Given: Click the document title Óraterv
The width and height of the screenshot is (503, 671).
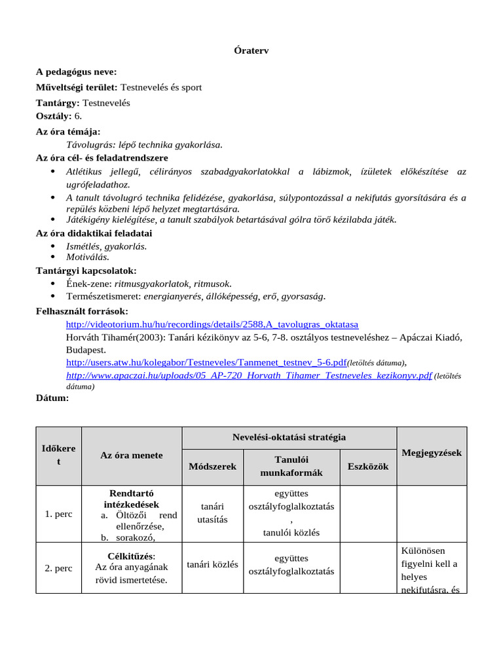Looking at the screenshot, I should click(x=251, y=50).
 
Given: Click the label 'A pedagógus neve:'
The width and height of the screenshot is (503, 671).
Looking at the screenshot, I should click(x=77, y=72).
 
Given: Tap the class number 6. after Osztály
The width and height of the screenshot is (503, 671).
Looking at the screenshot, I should click(x=78, y=115).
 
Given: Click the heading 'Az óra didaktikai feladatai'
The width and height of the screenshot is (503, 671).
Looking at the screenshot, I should click(x=94, y=233).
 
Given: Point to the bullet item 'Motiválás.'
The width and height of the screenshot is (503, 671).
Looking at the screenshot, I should click(x=88, y=257).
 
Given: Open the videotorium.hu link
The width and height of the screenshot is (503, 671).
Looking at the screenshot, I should click(x=212, y=324).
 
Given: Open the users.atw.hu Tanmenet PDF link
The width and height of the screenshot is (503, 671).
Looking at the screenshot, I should click(x=206, y=362).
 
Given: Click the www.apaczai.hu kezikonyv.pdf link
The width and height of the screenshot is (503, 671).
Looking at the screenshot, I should click(x=249, y=375).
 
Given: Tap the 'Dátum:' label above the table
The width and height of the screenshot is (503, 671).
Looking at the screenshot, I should click(x=52, y=398).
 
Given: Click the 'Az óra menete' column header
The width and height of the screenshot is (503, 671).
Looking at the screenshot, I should click(x=132, y=455).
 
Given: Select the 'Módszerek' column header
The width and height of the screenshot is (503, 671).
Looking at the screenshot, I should click(x=212, y=466).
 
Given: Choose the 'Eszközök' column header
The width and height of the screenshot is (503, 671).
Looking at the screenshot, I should click(x=367, y=466).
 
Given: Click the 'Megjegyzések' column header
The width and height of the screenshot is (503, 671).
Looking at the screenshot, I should click(x=432, y=453).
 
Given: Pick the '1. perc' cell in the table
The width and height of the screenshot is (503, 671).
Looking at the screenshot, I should click(x=59, y=514).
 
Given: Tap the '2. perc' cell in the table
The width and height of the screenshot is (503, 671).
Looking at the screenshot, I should click(x=59, y=568).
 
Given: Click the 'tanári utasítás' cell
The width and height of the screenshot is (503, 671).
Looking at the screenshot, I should click(x=212, y=513).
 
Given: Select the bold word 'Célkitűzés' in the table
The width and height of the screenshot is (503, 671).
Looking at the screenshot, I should click(x=130, y=556).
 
